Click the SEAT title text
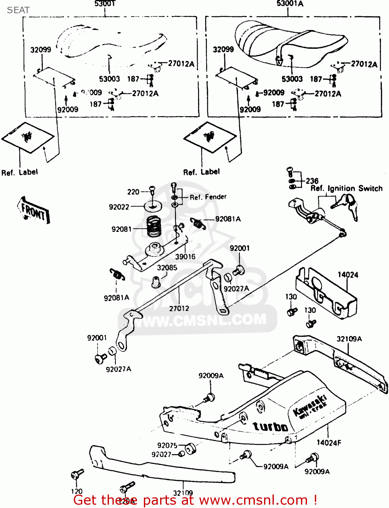pos(18,10)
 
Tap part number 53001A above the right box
pos(290,4)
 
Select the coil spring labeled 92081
pos(154,226)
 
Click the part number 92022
pos(119,207)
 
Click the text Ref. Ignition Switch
pos(346,188)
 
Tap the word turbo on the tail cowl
pos(271,426)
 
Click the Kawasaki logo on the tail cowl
pos(310,405)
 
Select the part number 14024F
pos(329,443)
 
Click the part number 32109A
pos(349,339)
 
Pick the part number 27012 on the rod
pos(179,308)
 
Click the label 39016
pos(185,257)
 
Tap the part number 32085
pos(167,268)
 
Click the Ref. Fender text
pos(208,197)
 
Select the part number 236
pos(312,181)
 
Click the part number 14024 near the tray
pos(348,275)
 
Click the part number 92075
pos(167,445)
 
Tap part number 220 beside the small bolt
pos(133,192)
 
